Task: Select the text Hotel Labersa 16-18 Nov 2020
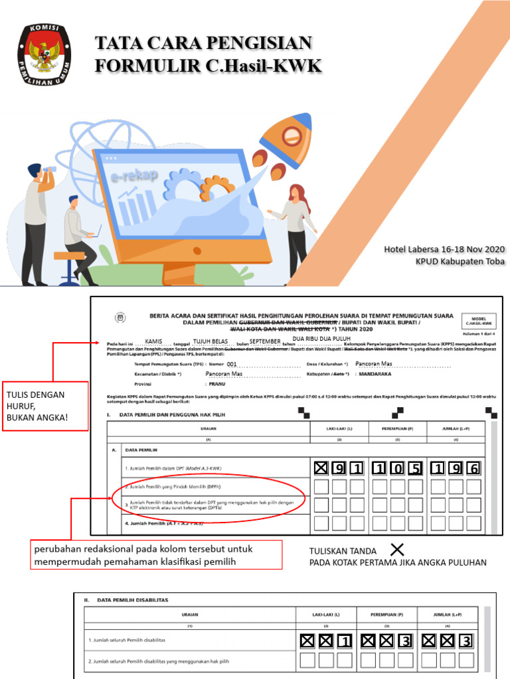click(x=444, y=249)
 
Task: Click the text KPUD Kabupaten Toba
click(x=460, y=261)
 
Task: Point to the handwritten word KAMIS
click(x=153, y=341)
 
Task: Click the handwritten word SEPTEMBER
click(x=265, y=341)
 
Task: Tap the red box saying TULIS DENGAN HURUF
click(x=45, y=406)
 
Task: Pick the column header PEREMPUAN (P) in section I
click(x=398, y=428)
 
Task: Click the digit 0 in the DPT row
click(x=398, y=469)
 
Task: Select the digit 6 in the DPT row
click(x=473, y=469)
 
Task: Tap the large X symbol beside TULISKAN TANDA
click(x=397, y=550)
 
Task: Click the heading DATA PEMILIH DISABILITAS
click(x=132, y=600)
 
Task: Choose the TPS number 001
click(x=231, y=364)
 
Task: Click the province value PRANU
click(x=217, y=383)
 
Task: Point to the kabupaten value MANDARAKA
click(x=375, y=374)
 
